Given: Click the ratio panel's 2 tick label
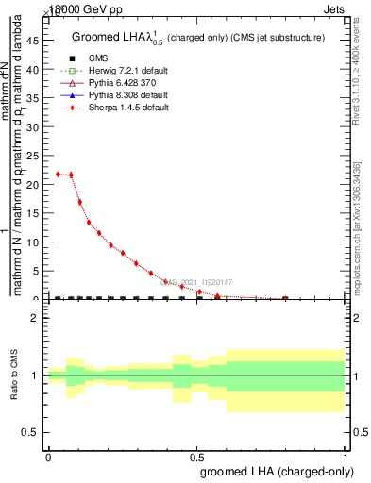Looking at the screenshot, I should pyautogui.click(x=35, y=318).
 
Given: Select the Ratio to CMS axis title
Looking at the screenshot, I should pyautogui.click(x=14, y=375).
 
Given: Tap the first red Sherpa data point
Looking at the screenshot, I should pyautogui.click(x=59, y=174).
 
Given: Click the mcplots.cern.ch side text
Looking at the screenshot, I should pyautogui.click(x=359, y=226).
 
